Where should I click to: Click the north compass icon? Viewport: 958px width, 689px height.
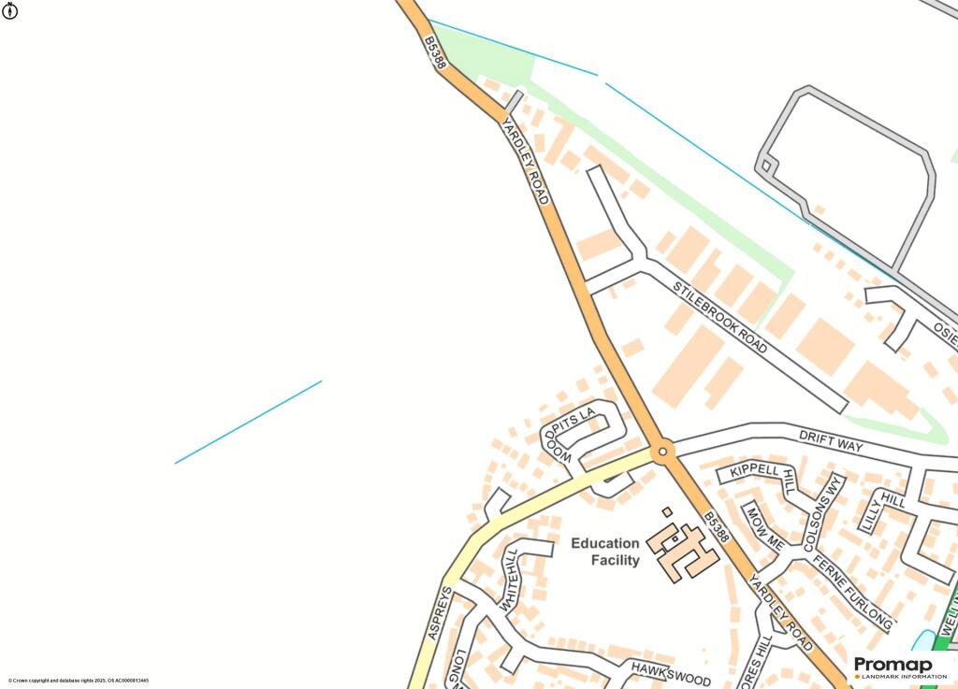(x=10, y=10)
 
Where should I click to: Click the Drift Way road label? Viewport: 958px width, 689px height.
(x=831, y=440)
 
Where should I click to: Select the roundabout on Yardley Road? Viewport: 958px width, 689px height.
(x=663, y=452)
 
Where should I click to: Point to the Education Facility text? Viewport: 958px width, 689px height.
(x=605, y=552)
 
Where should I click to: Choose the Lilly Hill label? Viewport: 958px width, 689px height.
(x=882, y=510)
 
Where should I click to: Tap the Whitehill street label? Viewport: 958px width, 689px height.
(x=509, y=579)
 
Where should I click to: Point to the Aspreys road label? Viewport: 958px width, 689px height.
(x=441, y=612)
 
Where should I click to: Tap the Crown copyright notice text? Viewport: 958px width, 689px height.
(x=79, y=681)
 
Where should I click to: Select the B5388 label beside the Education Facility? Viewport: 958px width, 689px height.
(x=717, y=526)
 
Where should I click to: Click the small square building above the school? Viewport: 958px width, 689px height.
(x=667, y=511)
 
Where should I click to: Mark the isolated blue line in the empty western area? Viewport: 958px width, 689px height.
(x=248, y=422)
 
